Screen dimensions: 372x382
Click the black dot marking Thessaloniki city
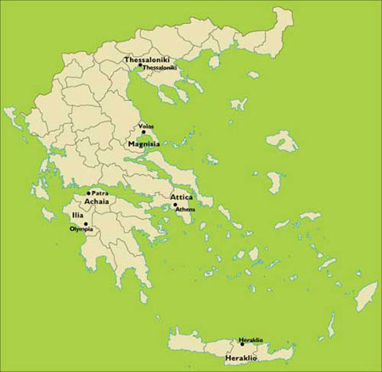(x=152, y=66)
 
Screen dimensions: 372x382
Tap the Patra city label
(x=100, y=194)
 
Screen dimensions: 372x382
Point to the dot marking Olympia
(x=86, y=223)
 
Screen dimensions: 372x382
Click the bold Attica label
(x=171, y=197)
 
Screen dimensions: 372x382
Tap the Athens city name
(x=186, y=208)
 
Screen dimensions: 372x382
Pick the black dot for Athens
(x=174, y=205)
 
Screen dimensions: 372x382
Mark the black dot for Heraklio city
(x=242, y=344)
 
